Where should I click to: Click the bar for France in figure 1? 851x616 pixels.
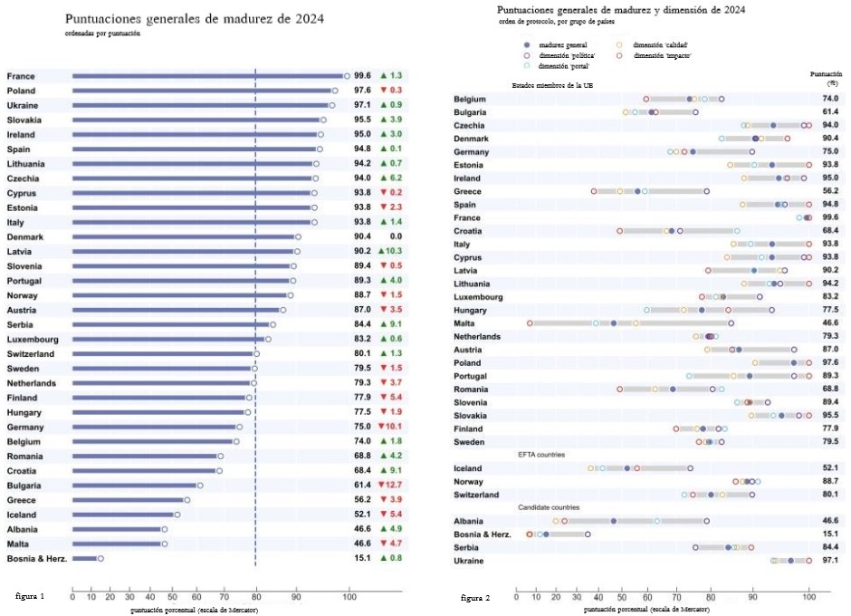(208, 76)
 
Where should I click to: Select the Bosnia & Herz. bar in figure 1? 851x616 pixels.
(85, 559)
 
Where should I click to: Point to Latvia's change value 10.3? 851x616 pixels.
(394, 251)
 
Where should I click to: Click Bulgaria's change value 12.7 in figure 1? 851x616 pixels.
(394, 486)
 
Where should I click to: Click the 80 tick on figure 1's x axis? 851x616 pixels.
(257, 598)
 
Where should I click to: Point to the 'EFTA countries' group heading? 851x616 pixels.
(541, 455)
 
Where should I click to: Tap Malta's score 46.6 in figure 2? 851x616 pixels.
(830, 322)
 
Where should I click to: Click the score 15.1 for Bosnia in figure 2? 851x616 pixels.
(830, 534)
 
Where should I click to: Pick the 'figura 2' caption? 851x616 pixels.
(475, 599)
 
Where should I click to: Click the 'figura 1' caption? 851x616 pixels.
(31, 597)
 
